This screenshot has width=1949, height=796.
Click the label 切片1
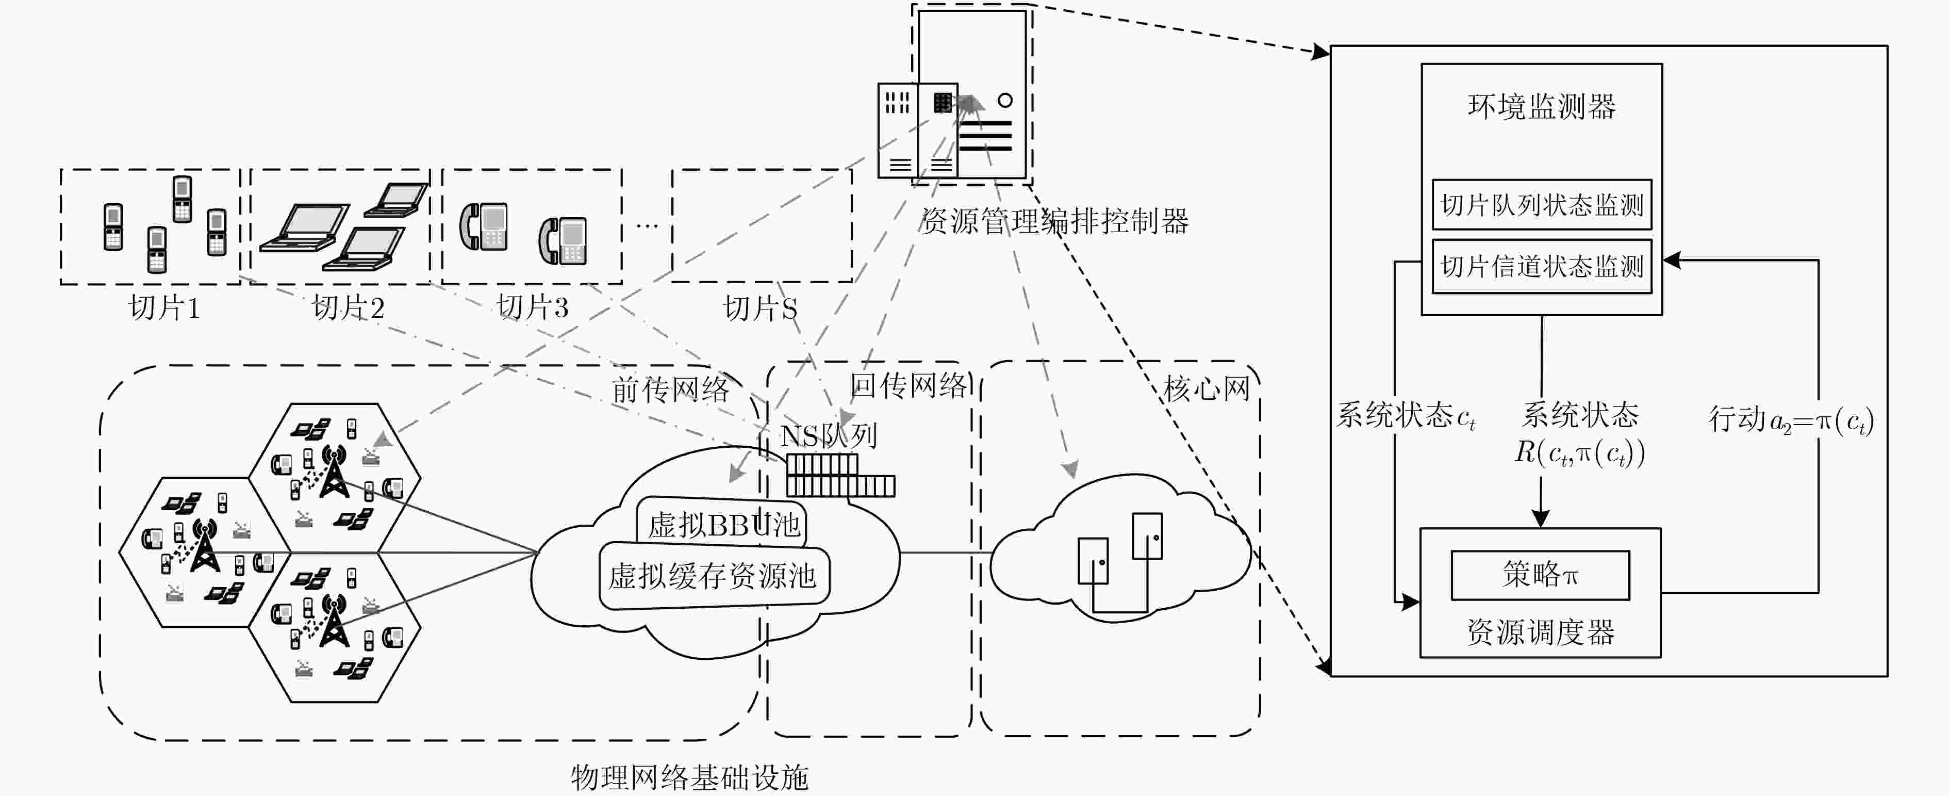pos(164,308)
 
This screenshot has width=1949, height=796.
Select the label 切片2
pos(348,308)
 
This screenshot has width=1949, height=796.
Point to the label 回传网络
pos(908,385)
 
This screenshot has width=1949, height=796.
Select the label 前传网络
pos(670,389)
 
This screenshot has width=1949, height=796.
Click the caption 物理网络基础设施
pos(689,777)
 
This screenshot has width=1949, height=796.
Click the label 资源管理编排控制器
pos(1054,221)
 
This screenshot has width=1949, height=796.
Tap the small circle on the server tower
pos(1005,100)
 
